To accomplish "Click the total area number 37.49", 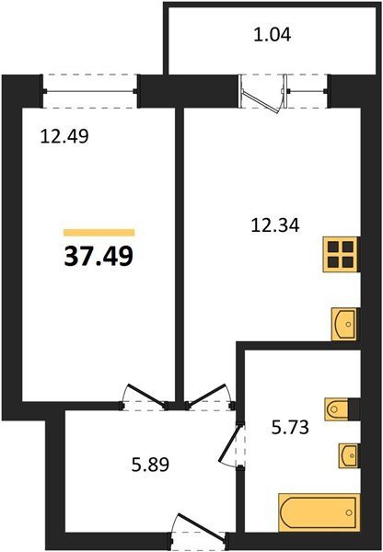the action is [x=99, y=256].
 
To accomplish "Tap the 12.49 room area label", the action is [x=64, y=136].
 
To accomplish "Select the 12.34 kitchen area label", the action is [x=275, y=225].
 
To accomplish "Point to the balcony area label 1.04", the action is [x=273, y=35].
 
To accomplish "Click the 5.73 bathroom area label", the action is [x=290, y=428].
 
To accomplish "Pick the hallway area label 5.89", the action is [x=150, y=465].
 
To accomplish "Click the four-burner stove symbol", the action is [x=341, y=254].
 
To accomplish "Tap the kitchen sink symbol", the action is [x=344, y=324].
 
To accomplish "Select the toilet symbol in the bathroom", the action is [x=336, y=409].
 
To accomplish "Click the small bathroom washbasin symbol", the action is [x=348, y=455].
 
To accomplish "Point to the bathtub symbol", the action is [x=319, y=512].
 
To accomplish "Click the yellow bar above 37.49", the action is [x=99, y=233].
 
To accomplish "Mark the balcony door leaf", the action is [x=261, y=102].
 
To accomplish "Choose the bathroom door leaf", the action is [x=229, y=444].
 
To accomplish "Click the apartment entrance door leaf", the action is [x=202, y=527].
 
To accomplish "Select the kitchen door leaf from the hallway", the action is [x=206, y=395].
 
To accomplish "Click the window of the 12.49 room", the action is [x=90, y=91].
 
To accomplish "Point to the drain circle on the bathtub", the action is [x=349, y=512].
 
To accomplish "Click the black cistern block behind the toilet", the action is [x=354, y=409].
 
